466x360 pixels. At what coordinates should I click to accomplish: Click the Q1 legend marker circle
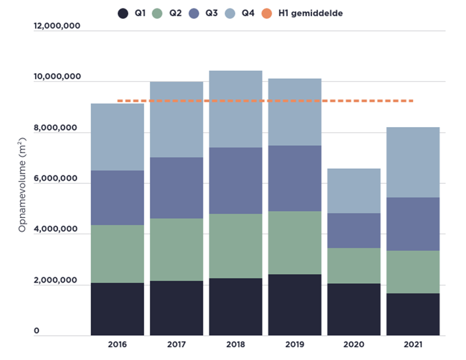click(123, 13)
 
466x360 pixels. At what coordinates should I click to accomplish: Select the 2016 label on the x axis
click(117, 344)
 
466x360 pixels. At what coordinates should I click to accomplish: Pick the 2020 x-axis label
click(354, 344)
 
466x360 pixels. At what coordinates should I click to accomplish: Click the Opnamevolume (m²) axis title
click(22, 181)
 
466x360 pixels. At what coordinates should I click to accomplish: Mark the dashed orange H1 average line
click(266, 100)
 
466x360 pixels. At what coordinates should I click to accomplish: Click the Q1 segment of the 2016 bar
click(117, 309)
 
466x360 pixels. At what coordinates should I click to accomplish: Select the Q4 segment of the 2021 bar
click(413, 162)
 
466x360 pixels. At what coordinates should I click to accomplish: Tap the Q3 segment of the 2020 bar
click(354, 231)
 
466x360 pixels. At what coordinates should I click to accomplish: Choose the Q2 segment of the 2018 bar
click(236, 246)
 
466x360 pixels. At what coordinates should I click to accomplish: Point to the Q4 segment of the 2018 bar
click(236, 109)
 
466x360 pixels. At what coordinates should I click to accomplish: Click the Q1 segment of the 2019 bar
click(295, 304)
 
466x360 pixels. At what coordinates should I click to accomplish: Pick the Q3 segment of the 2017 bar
click(176, 188)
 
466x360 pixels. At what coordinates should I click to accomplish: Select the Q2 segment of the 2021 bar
click(413, 272)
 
